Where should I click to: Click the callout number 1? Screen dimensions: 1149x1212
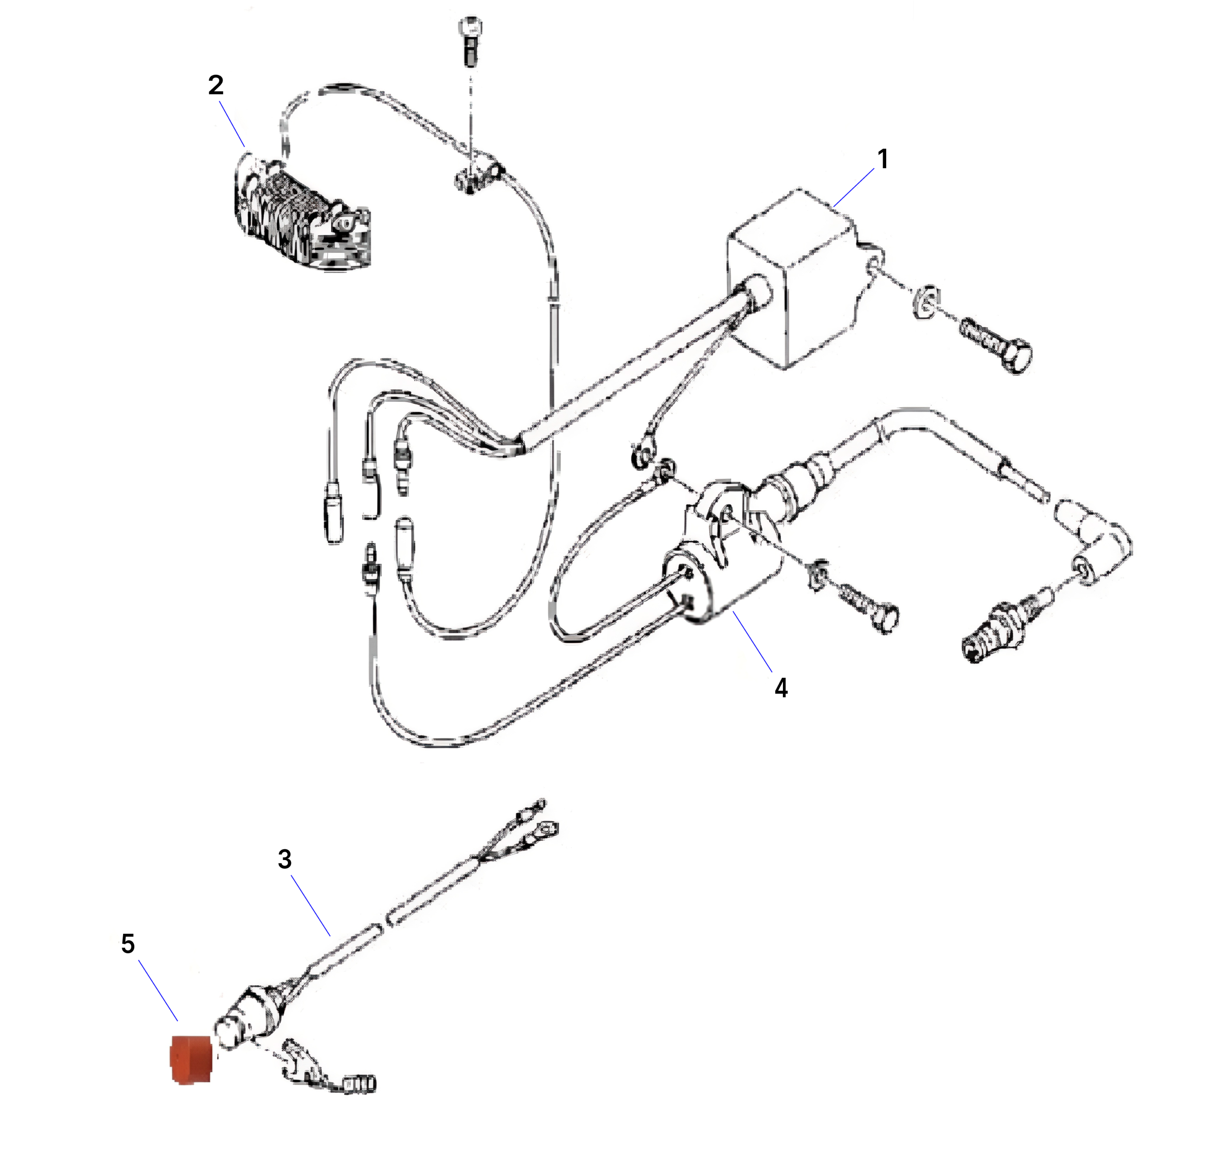(882, 160)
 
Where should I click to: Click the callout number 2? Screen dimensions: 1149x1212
(216, 85)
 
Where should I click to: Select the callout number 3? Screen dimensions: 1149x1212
(285, 859)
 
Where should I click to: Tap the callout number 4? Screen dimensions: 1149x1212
(781, 688)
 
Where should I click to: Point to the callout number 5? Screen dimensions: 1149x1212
(128, 944)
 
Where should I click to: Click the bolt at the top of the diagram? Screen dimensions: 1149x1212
(470, 40)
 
